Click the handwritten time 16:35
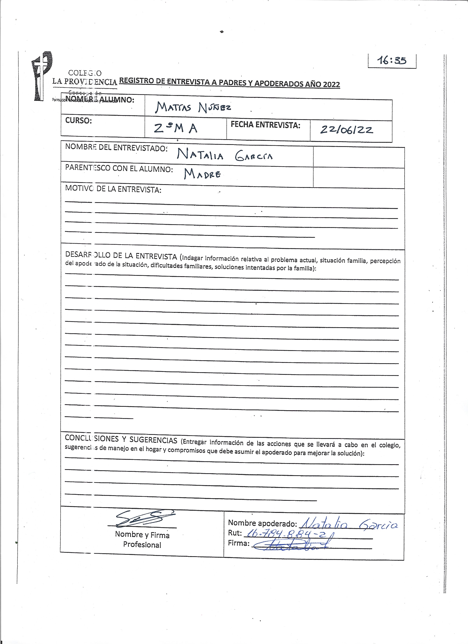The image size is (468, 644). click(392, 60)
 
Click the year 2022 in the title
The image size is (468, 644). click(330, 84)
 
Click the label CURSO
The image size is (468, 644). click(79, 121)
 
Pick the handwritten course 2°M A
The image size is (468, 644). click(175, 129)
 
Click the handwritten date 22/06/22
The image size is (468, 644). click(346, 130)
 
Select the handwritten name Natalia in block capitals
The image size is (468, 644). click(200, 155)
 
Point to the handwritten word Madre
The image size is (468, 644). click(202, 174)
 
